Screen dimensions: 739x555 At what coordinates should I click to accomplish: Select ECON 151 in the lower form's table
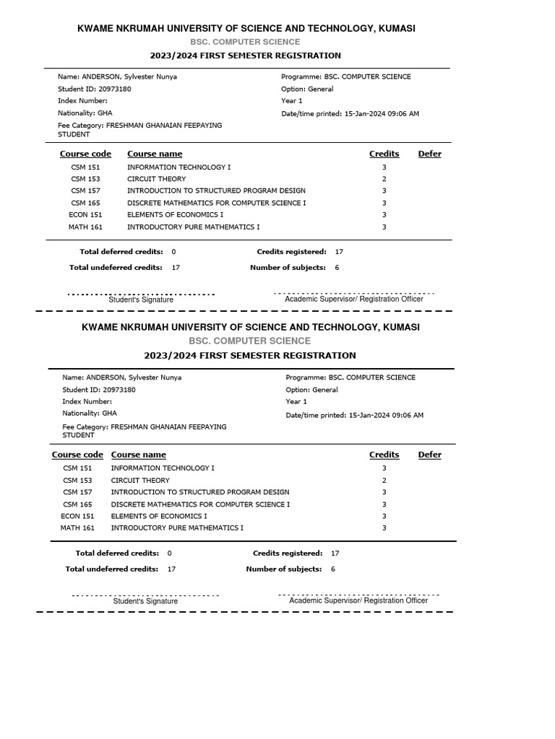77,516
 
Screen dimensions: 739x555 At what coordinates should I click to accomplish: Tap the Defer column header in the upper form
429,154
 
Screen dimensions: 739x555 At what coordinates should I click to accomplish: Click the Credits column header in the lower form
384,455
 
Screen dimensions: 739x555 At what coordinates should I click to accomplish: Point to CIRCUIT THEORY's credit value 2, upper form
384,179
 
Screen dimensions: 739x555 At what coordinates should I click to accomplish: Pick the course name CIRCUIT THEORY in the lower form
140,480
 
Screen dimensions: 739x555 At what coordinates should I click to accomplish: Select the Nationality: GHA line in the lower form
90,414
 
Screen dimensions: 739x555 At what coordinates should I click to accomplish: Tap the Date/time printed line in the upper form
350,114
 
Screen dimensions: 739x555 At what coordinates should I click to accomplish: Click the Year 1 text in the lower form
296,401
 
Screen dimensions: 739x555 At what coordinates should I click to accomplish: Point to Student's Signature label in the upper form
141,300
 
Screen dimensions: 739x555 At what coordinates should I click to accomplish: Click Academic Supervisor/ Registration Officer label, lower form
358,600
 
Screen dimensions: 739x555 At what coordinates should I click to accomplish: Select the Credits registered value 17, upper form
339,252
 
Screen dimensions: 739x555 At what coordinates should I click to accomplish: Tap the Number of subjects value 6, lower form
333,569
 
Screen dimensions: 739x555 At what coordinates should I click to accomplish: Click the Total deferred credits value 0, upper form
173,252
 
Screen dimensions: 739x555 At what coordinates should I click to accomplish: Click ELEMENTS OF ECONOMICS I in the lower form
159,516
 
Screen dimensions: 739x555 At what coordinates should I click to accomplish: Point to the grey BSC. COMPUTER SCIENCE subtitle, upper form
245,42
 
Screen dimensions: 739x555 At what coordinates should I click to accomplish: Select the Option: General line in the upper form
307,89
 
